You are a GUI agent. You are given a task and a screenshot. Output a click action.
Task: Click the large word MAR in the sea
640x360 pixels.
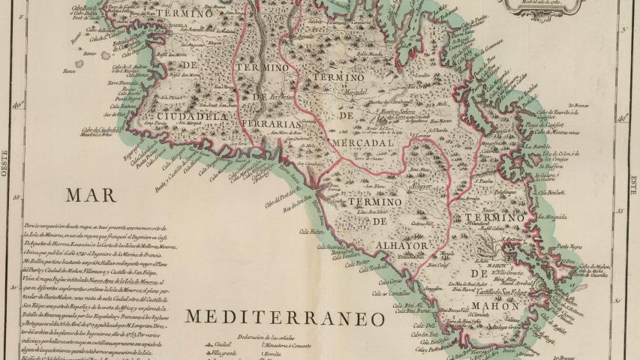coord(91,196)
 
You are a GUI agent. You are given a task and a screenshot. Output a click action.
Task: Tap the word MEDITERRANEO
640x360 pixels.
coord(285,317)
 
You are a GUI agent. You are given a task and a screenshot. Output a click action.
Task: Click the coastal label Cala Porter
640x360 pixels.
coord(358,263)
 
